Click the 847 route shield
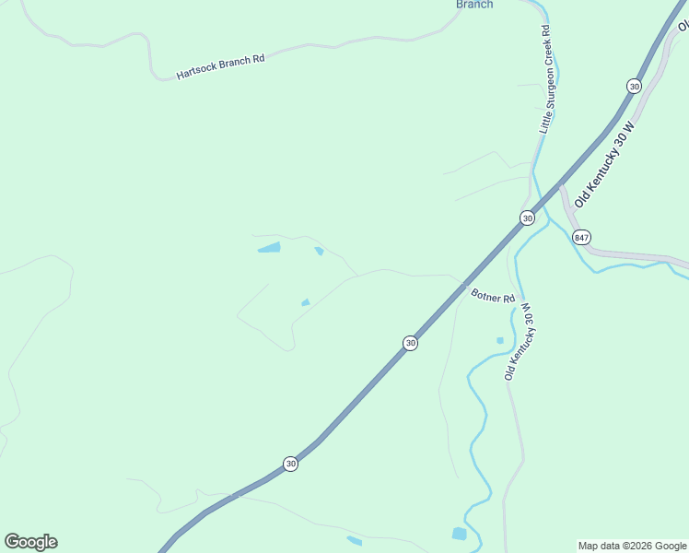point(581,237)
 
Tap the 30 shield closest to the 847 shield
point(526,218)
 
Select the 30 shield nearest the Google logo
point(290,464)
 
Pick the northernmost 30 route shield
point(634,86)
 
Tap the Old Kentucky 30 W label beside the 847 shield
point(604,164)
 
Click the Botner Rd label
point(493,297)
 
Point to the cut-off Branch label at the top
point(474,5)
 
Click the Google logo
point(30,542)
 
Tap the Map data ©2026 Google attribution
point(632,546)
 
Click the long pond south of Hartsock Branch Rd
point(269,247)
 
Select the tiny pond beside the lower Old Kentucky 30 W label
point(500,340)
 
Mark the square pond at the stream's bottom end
point(459,534)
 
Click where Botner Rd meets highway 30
point(462,281)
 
